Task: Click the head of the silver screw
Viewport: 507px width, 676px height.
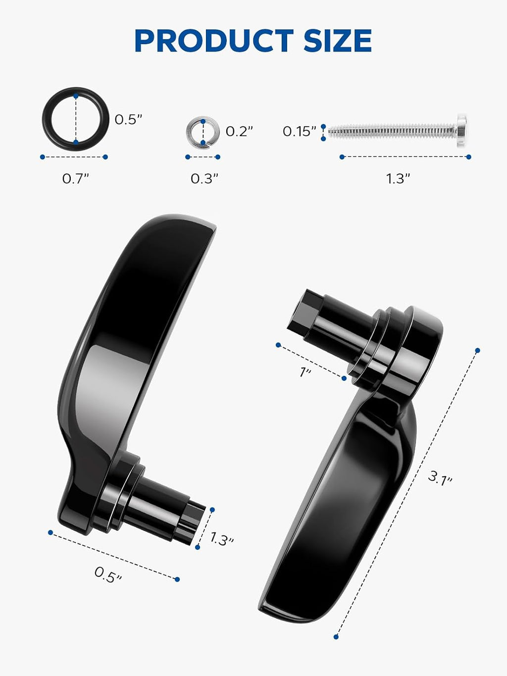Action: point(462,131)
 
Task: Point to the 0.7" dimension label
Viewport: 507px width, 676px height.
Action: point(75,179)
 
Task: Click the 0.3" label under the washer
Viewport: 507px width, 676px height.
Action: point(204,179)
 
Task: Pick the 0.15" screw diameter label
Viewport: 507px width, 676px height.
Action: point(299,132)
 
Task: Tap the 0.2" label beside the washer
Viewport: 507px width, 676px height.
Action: point(239,132)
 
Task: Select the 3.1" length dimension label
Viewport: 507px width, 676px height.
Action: point(440,479)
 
